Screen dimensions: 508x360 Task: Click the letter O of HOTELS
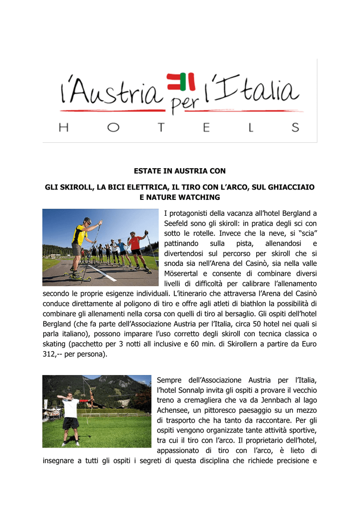tap(113, 127)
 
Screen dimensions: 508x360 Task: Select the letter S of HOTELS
tap(295, 127)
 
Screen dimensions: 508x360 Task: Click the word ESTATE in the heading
tap(147, 171)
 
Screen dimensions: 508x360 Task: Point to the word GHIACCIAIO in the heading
tap(290, 188)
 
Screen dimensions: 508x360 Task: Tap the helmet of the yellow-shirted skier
tap(87, 220)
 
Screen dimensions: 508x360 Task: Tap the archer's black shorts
tap(71, 423)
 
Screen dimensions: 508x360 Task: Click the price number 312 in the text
tap(50, 355)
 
